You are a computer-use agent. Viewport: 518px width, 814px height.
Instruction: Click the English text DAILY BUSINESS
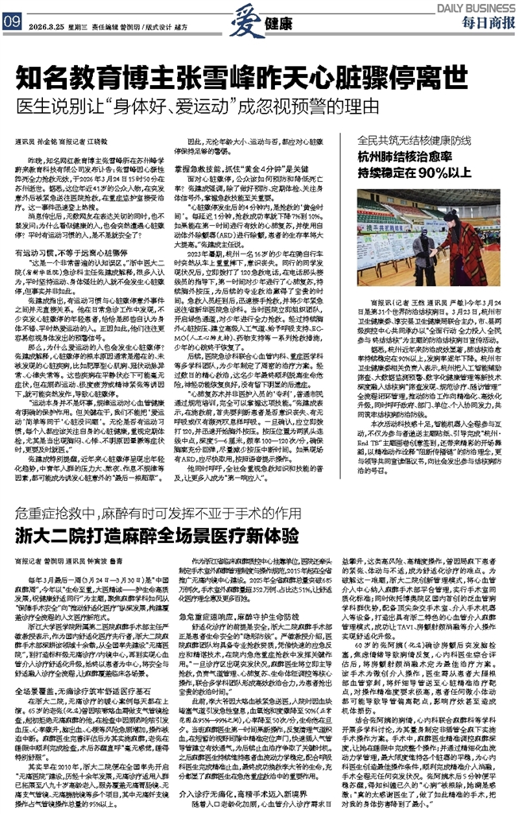[x=476, y=6]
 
